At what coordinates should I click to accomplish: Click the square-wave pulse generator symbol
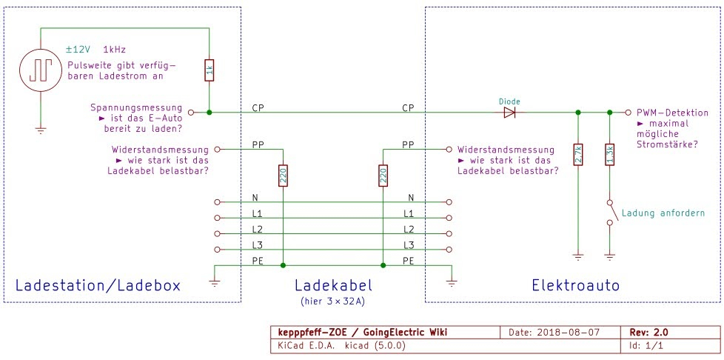click(39, 71)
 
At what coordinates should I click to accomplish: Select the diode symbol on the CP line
click(509, 113)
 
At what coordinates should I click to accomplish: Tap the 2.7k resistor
click(578, 154)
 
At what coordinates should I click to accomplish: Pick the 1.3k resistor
click(609, 154)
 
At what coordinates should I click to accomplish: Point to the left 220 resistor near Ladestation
click(282, 175)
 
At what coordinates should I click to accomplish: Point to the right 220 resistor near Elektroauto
click(383, 175)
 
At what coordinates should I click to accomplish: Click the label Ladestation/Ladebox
click(98, 285)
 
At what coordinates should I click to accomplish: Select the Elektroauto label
click(575, 285)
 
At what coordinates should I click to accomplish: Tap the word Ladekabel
click(332, 285)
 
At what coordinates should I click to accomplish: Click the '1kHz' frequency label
click(115, 49)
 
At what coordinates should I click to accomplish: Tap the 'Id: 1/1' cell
click(642, 345)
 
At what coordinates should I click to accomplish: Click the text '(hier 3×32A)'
click(332, 301)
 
